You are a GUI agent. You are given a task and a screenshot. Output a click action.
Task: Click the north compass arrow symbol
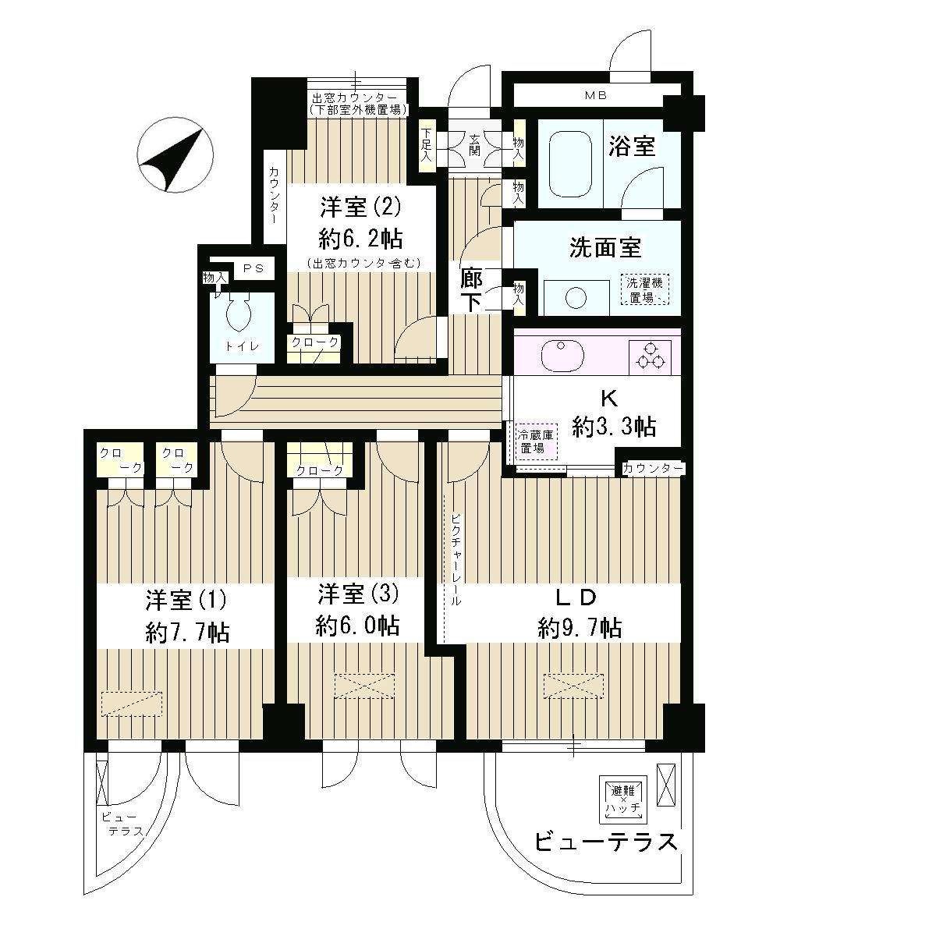click(175, 159)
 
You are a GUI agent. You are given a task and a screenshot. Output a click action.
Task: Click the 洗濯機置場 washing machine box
click(644, 289)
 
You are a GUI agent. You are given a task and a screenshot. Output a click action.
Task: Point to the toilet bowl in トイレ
click(239, 317)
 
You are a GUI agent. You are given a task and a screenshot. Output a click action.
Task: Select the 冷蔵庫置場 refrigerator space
click(537, 442)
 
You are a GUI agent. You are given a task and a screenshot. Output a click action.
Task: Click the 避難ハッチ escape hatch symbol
click(626, 797)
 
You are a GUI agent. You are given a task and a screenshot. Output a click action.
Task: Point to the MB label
click(597, 95)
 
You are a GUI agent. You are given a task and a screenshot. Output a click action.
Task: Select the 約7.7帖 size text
click(187, 632)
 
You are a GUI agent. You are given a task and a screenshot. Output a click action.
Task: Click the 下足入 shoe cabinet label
click(427, 145)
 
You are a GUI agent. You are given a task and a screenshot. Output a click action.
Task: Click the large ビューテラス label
click(604, 842)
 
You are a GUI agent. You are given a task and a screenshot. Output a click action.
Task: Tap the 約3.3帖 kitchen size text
click(613, 426)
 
